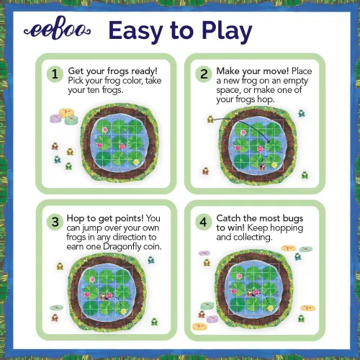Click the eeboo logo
(57, 30)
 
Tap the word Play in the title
(227, 31)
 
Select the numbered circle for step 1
(55, 74)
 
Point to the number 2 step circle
(204, 74)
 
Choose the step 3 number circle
(55, 222)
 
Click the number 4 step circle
(204, 222)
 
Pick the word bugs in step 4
(293, 219)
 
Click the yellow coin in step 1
(66, 112)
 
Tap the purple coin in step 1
(56, 118)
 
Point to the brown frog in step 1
(55, 146)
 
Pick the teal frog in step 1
(58, 159)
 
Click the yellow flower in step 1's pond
(136, 162)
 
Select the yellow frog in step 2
(210, 119)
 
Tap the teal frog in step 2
(302, 113)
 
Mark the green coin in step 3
(57, 307)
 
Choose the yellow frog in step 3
(60, 266)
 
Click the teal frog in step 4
(298, 256)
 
